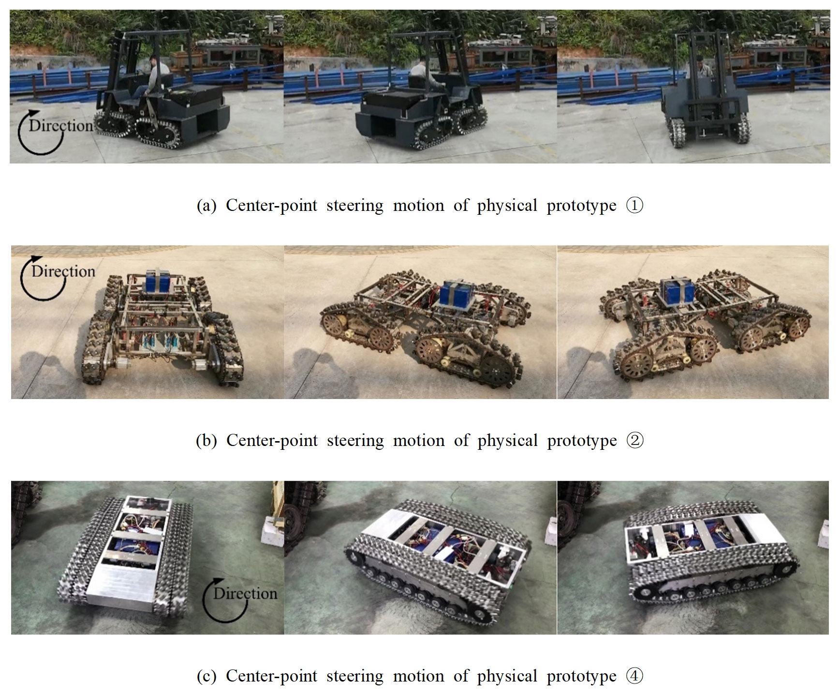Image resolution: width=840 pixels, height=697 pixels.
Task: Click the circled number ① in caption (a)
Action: pyautogui.click(x=635, y=206)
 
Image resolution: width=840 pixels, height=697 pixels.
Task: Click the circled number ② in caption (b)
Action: pyautogui.click(x=635, y=441)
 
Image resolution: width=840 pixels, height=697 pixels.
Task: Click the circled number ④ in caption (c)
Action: pyautogui.click(x=635, y=676)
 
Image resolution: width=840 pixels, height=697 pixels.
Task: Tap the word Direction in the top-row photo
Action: pyautogui.click(x=61, y=126)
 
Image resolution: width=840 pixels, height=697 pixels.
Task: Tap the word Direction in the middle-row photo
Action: pyautogui.click(x=63, y=271)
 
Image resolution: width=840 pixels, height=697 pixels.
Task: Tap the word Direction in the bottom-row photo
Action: pyautogui.click(x=246, y=593)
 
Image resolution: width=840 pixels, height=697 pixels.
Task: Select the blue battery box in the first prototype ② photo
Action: pyautogui.click(x=157, y=282)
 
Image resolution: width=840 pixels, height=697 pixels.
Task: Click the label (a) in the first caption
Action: pyautogui.click(x=206, y=206)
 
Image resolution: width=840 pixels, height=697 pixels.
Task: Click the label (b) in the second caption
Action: pyautogui.click(x=206, y=441)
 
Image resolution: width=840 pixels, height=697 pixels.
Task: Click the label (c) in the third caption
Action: pyautogui.click(x=206, y=676)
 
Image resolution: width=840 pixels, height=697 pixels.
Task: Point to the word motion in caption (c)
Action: pyautogui.click(x=419, y=676)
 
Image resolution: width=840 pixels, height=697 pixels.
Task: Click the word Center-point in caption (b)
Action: pyautogui.click(x=272, y=441)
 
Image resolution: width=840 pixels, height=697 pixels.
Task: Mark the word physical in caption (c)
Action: pyautogui.click(x=507, y=677)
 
